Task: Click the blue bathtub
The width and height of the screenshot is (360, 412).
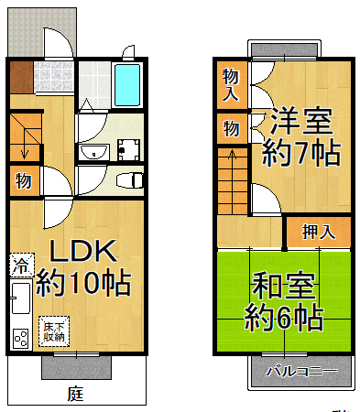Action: coord(127,87)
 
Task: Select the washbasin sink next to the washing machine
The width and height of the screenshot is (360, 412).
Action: coord(92,151)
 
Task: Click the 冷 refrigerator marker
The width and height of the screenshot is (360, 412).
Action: coord(19,267)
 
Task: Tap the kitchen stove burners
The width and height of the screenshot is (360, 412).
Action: coord(18,341)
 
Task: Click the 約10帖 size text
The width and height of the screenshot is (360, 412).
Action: coord(82,283)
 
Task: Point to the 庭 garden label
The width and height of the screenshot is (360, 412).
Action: coord(75,395)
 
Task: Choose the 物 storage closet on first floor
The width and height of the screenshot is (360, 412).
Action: coord(23,181)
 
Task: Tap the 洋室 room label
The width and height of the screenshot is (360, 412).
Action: coord(300,119)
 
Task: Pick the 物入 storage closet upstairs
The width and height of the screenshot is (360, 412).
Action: coord(230,84)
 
